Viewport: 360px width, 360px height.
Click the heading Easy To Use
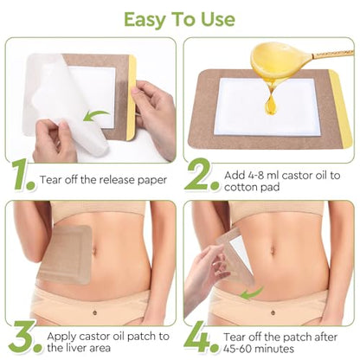coord(179,20)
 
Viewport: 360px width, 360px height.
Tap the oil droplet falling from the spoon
coord(270,106)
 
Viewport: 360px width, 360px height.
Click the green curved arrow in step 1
coord(96,115)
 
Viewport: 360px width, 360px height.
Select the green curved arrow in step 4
coord(251,292)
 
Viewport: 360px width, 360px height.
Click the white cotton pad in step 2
coord(267,107)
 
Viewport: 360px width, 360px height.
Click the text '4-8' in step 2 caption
coord(254,175)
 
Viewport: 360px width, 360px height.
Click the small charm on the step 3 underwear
coord(94,312)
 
